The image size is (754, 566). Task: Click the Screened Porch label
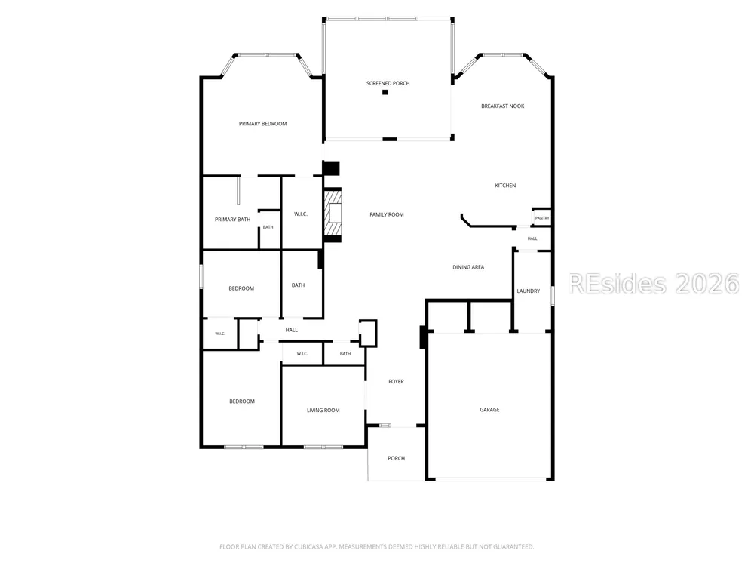[x=388, y=83]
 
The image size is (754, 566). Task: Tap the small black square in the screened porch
[x=385, y=92]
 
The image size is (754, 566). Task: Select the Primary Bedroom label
[x=262, y=124]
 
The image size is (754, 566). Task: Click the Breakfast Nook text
[x=502, y=106]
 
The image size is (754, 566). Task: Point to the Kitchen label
[x=505, y=186]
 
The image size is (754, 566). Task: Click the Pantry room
[x=542, y=218]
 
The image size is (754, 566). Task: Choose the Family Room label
[x=387, y=214]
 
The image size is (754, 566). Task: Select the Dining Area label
[x=468, y=267]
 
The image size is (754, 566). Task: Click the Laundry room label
[x=528, y=291]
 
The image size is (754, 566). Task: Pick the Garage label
[x=489, y=410]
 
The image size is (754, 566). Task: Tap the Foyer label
[x=397, y=382]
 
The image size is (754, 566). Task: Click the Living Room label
[x=323, y=411]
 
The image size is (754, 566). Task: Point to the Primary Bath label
[x=232, y=220]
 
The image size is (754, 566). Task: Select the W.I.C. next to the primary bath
[x=301, y=214]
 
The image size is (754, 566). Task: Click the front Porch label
[x=397, y=458]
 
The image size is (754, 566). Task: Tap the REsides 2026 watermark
[x=654, y=284]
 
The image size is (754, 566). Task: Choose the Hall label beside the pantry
[x=532, y=238]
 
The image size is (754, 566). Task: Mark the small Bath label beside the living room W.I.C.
[x=345, y=354]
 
